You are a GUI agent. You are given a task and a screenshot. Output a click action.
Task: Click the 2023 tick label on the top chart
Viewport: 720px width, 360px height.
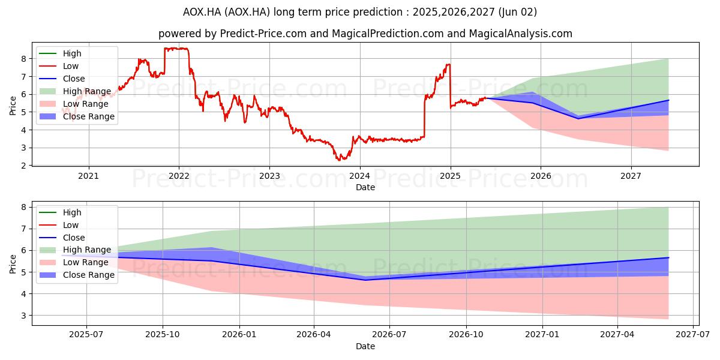click(x=269, y=176)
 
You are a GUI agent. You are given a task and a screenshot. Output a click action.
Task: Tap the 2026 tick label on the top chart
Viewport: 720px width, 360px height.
click(x=541, y=176)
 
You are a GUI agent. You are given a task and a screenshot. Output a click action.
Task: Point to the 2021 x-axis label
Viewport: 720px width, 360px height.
click(x=88, y=176)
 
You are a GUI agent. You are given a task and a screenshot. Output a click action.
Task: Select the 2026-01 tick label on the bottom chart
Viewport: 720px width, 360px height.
click(x=239, y=335)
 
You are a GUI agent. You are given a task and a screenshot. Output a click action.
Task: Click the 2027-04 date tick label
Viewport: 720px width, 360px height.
click(x=617, y=335)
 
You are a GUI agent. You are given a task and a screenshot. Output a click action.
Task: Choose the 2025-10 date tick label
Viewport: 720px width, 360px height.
click(x=163, y=335)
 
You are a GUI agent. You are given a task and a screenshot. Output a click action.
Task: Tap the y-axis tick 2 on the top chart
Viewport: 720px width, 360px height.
click(x=23, y=166)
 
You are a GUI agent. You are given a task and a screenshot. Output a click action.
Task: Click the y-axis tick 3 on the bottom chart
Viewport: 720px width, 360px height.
click(x=23, y=316)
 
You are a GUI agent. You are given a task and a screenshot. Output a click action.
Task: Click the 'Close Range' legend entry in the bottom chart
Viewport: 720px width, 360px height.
click(x=77, y=275)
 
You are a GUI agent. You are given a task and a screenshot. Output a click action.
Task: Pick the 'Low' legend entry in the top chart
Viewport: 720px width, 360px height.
click(x=59, y=66)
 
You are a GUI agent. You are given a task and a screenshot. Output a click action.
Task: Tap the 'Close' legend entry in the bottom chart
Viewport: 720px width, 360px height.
click(x=62, y=238)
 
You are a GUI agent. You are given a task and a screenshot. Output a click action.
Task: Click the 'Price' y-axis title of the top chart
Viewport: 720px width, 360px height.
click(x=13, y=106)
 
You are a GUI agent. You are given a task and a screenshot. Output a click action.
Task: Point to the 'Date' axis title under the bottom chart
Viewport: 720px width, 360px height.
click(x=365, y=346)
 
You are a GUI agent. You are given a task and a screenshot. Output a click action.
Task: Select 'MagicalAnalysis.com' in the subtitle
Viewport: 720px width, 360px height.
click(x=521, y=34)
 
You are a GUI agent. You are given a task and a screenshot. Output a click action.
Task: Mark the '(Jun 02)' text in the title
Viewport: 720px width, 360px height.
click(x=517, y=12)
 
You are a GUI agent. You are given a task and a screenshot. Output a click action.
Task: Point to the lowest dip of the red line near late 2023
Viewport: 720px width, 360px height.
click(x=339, y=160)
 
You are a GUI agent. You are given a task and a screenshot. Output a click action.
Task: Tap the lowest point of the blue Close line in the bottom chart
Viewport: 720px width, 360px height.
click(x=365, y=280)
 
